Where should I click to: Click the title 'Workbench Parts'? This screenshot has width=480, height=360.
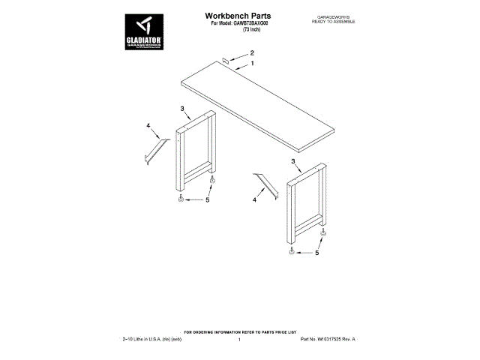click(238, 15)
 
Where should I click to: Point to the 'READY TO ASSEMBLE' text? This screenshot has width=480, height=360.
click(333, 22)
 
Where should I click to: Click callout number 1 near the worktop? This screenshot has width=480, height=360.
click(252, 64)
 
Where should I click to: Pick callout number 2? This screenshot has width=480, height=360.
click(252, 52)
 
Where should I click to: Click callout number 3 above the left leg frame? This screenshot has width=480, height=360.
click(182, 109)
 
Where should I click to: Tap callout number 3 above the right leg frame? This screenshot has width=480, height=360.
click(293, 161)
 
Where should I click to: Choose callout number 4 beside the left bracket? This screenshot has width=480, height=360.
click(148, 125)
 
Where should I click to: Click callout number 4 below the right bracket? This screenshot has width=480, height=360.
click(254, 200)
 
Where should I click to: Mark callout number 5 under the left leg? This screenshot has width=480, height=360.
click(207, 200)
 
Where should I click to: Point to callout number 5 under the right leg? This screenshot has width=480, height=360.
click(316, 253)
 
